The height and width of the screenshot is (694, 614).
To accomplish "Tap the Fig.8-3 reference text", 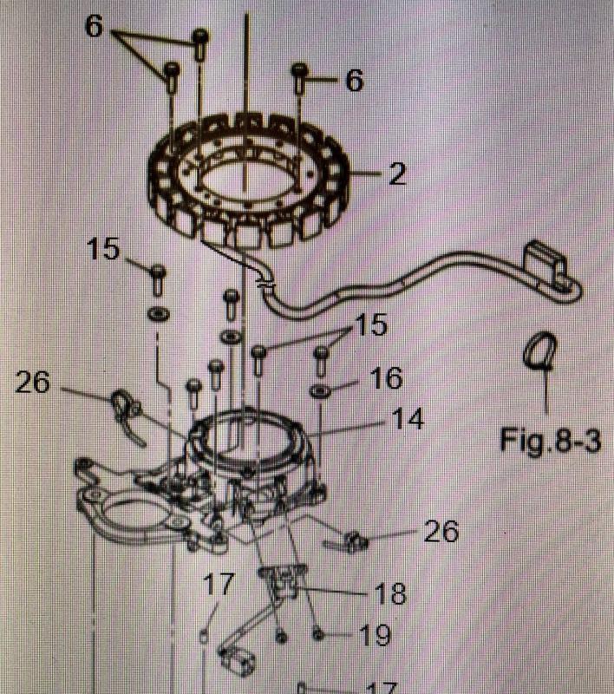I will (550, 439).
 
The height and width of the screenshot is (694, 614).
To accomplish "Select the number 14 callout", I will (406, 420).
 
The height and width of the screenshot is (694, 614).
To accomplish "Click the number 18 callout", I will (390, 594).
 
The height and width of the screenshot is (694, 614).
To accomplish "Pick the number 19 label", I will (374, 637).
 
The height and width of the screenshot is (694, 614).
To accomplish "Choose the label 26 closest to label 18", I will (441, 531).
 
